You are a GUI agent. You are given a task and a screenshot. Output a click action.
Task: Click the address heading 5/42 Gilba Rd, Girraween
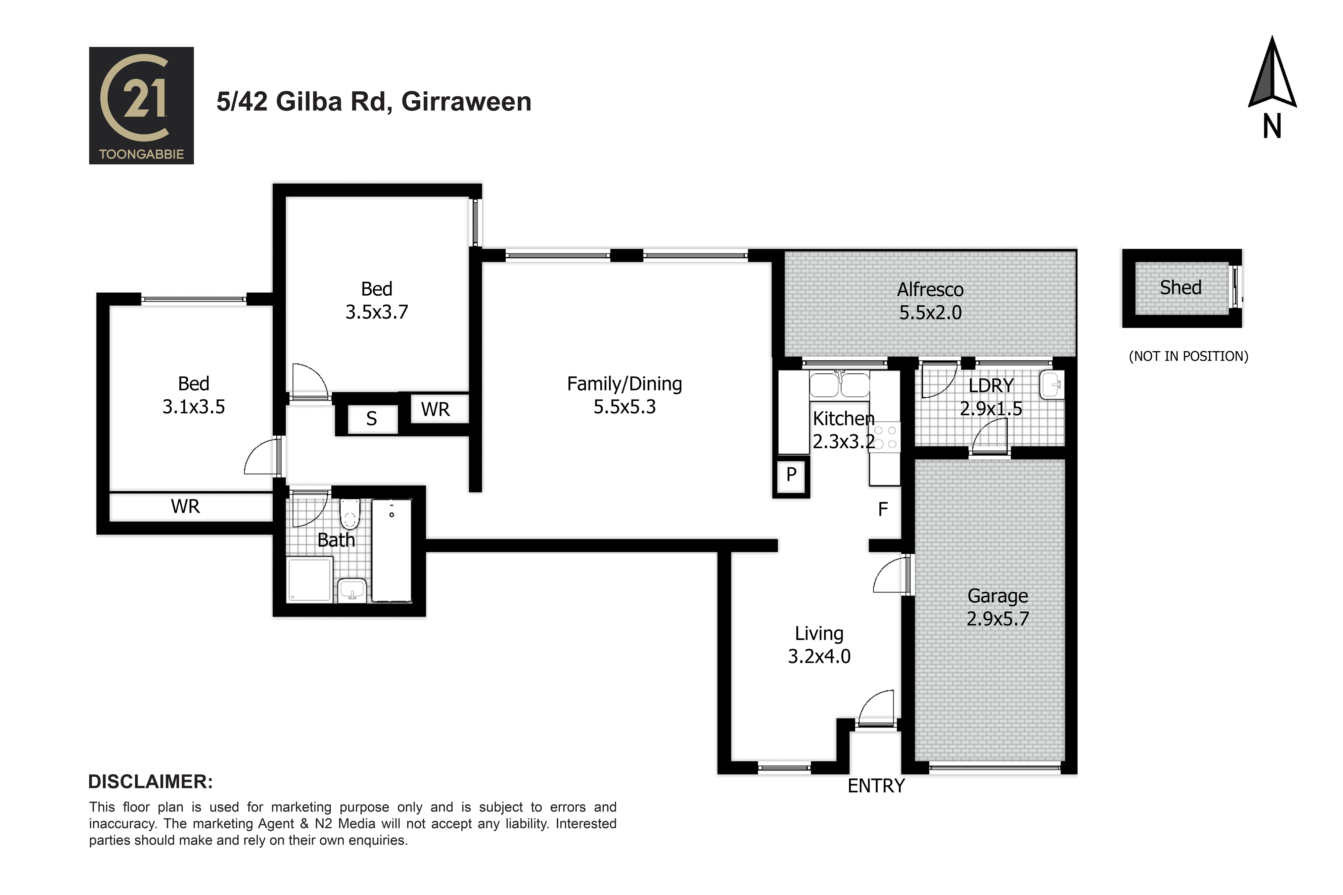[x=374, y=102]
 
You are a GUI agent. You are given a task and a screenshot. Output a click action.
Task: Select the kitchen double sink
[x=839, y=384]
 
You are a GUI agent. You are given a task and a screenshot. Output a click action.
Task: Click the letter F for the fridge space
[x=883, y=509]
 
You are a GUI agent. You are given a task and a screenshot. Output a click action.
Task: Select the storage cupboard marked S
[x=372, y=419]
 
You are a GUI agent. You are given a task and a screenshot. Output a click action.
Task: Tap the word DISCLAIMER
[x=151, y=782]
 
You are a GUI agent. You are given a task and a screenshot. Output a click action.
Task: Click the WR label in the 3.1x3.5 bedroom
[x=186, y=506]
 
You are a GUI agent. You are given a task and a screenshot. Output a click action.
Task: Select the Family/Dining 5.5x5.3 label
[x=625, y=395]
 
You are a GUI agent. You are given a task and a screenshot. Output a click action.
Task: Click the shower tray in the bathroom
[x=310, y=580]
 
